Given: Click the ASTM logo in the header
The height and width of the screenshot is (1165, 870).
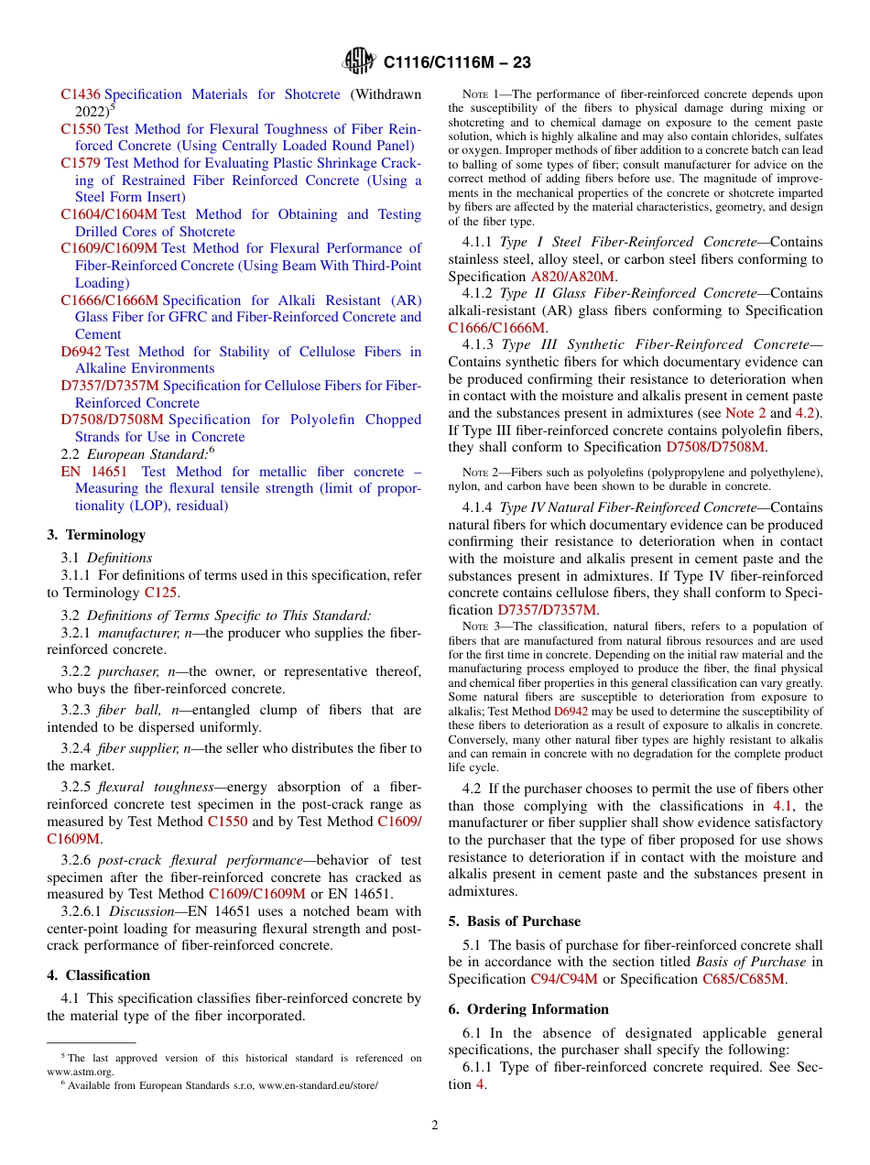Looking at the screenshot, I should tap(358, 61).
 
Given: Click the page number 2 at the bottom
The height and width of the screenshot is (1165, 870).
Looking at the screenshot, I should tap(435, 1126).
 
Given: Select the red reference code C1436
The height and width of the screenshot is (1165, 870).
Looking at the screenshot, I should tap(81, 94).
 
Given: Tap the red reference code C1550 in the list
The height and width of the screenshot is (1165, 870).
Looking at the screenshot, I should tap(81, 129).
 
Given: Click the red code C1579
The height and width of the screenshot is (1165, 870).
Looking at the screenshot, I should tap(81, 163).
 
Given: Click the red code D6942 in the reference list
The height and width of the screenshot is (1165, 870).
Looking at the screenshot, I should tap(81, 352).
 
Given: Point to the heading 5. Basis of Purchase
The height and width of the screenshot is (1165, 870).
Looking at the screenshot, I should tap(514, 921).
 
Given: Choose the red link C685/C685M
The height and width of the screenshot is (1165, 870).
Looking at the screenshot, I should tap(744, 979).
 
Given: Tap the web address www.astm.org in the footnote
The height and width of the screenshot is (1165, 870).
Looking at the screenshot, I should tap(80, 1071).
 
